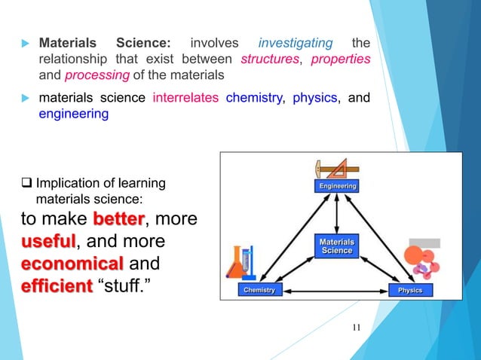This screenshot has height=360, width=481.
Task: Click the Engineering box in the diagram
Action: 335,185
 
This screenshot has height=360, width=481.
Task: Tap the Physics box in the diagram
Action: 411,290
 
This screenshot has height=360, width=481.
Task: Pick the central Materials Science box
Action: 335,245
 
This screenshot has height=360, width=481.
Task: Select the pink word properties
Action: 341,59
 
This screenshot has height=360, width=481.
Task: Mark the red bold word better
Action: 118,220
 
